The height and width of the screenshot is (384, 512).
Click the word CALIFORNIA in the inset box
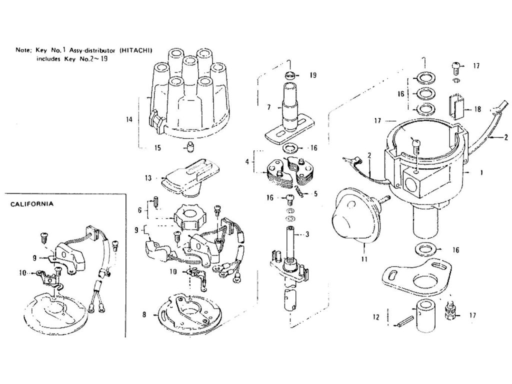[31, 204]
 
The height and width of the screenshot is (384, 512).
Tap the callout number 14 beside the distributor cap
[129, 119]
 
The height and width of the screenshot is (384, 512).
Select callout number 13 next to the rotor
[148, 178]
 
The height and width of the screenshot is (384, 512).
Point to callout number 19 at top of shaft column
[313, 75]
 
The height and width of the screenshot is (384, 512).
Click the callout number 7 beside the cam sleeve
[268, 107]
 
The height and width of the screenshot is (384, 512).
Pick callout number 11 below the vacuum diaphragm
[364, 259]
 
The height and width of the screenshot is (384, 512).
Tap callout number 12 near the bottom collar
[376, 316]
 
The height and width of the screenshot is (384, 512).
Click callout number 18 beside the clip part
[477, 109]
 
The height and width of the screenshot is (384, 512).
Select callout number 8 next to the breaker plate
[144, 315]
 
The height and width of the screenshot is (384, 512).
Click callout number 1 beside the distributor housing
[482, 172]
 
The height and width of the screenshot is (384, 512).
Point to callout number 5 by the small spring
[315, 193]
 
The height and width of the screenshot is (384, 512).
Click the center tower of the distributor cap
[190, 70]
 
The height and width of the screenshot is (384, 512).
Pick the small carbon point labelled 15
[190, 147]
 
